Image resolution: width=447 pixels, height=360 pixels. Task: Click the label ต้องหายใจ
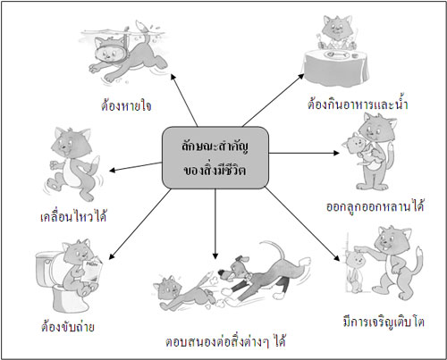126,106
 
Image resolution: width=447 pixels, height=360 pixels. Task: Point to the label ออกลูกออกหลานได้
375,205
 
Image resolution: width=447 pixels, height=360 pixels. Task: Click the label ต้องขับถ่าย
68,326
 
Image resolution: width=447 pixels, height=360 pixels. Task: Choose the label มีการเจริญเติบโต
384,322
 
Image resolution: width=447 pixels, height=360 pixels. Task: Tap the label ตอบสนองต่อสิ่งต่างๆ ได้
225,340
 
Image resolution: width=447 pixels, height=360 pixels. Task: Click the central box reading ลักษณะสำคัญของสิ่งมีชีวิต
215,158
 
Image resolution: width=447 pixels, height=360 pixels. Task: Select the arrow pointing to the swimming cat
184,100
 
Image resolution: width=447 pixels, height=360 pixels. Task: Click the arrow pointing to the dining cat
274,100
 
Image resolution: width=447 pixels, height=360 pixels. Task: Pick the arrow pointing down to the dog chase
215,224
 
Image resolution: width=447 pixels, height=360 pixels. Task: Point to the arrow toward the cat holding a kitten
304,153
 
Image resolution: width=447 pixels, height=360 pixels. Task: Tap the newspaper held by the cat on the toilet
92,271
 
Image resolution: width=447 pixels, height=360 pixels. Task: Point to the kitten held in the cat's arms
361,148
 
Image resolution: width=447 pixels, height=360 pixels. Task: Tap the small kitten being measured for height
355,271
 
